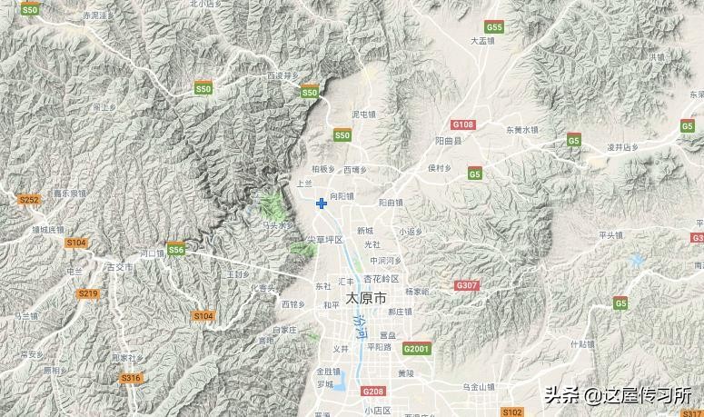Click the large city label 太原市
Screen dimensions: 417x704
[x=366, y=298]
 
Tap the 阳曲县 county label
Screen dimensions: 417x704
[x=449, y=142]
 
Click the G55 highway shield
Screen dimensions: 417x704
[x=494, y=27]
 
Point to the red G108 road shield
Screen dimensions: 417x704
[x=463, y=124]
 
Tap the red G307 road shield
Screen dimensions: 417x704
[x=467, y=285]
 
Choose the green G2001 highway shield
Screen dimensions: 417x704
[x=416, y=348]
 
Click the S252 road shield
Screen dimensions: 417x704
[x=29, y=199]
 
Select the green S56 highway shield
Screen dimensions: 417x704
[x=176, y=249]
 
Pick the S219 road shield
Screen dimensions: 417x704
[x=87, y=293]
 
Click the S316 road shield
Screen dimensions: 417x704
[x=131, y=378]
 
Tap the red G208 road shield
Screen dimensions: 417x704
[x=372, y=392]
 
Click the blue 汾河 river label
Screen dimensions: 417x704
[x=360, y=326]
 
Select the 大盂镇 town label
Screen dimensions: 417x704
[x=482, y=41]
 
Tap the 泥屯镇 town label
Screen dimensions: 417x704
[x=363, y=114]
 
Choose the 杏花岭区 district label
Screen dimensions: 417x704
[x=382, y=279]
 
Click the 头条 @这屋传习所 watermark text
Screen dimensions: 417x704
[x=618, y=395]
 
